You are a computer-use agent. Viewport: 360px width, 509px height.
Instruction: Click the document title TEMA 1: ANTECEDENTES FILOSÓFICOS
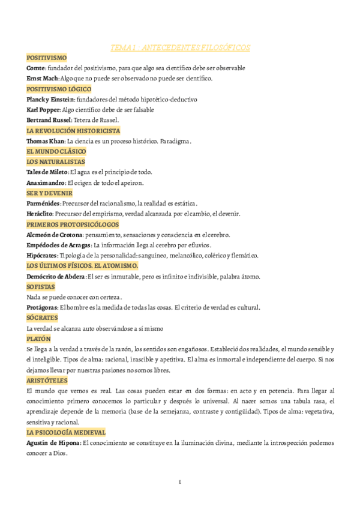coord(181,47)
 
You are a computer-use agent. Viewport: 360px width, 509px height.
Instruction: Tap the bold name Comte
coord(35,68)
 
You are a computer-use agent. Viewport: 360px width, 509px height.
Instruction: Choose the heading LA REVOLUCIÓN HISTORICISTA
coord(73,130)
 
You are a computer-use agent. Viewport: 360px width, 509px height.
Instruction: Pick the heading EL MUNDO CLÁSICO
coord(55,151)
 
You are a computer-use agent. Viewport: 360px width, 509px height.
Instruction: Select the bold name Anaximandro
coord(46,182)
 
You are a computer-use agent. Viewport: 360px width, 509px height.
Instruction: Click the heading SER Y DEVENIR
coord(49,193)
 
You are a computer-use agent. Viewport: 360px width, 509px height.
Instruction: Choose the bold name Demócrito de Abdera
coord(56,276)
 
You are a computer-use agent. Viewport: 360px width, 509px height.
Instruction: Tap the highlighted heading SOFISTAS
coord(41,286)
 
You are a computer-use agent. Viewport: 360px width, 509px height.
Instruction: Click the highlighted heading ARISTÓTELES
coord(47,380)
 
